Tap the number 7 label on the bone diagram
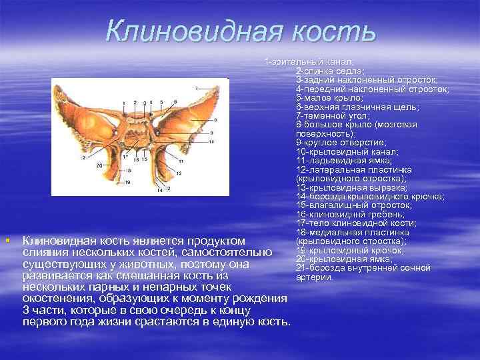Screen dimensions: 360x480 pyautogui.click(x=196, y=87)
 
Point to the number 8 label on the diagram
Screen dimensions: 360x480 pyautogui.click(x=215, y=119)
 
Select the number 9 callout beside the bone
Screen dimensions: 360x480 pyautogui.click(x=211, y=133)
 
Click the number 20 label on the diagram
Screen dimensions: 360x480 pyautogui.click(x=99, y=164)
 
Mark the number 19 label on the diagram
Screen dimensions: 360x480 pyautogui.click(x=127, y=182)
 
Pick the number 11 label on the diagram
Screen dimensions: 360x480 pyautogui.click(x=181, y=162)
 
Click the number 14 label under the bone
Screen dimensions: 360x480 pyautogui.click(x=159, y=190)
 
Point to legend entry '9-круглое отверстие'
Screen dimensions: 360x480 pyautogui.click(x=341, y=143)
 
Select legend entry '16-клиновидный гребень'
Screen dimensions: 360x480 pyautogui.click(x=350, y=214)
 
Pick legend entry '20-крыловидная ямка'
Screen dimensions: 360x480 pyautogui.click(x=345, y=259)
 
